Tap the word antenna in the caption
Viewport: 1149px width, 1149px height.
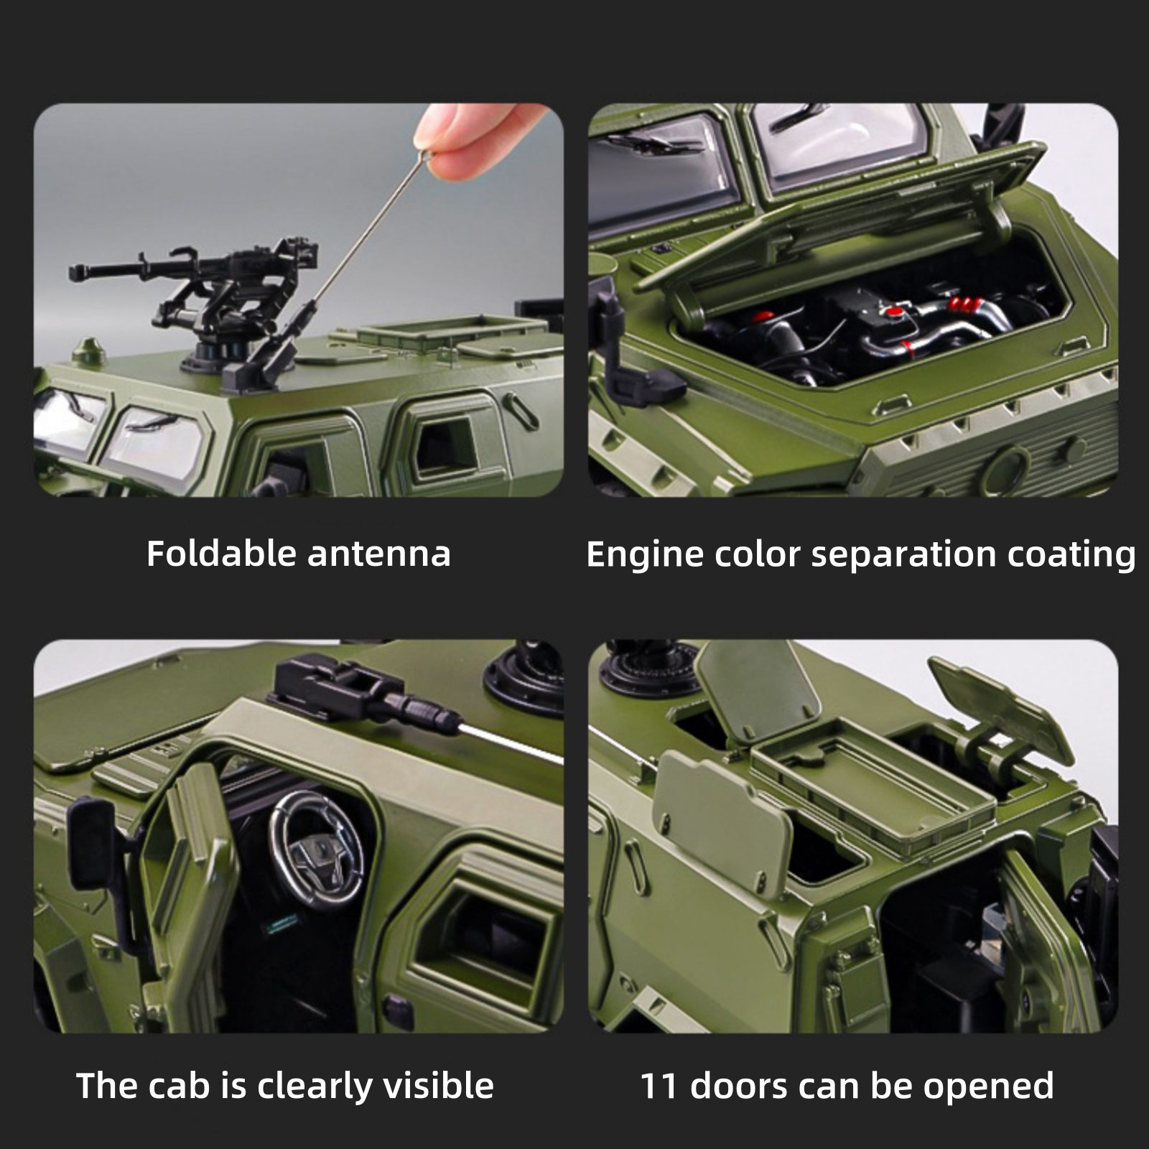tap(379, 554)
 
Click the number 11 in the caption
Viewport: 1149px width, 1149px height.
tap(659, 1086)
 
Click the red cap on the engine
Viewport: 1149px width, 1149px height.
tap(893, 312)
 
